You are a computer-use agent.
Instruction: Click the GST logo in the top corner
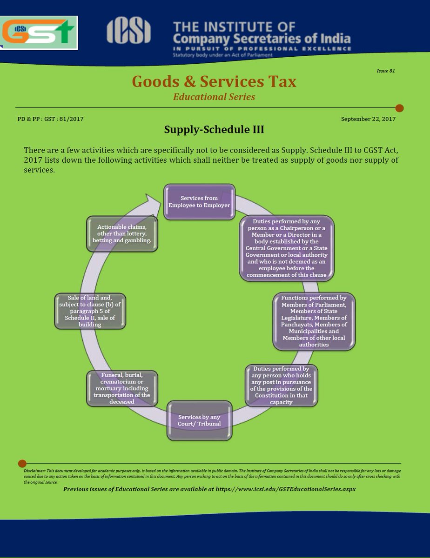click(x=39, y=33)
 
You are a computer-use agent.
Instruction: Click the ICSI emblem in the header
click(x=128, y=31)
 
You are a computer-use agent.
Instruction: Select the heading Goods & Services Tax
click(x=214, y=82)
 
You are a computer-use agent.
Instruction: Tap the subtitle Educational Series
click(x=214, y=97)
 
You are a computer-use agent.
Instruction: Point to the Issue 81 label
click(x=385, y=71)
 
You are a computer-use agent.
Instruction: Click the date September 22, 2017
click(x=368, y=119)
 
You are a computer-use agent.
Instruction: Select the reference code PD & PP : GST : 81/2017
click(x=51, y=119)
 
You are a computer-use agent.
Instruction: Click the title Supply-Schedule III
click(x=214, y=130)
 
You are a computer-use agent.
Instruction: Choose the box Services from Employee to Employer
click(x=199, y=202)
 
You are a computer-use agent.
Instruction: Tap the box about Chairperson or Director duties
click(x=287, y=248)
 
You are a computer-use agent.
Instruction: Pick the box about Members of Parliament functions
click(x=314, y=321)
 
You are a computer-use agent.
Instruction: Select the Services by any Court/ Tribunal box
click(x=199, y=420)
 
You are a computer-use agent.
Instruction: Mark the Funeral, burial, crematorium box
click(x=122, y=388)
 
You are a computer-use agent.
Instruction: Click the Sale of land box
click(x=90, y=311)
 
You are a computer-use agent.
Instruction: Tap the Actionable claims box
click(x=122, y=234)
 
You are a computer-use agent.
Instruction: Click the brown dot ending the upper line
click(x=399, y=108)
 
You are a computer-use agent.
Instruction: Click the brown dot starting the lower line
click(x=22, y=463)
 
